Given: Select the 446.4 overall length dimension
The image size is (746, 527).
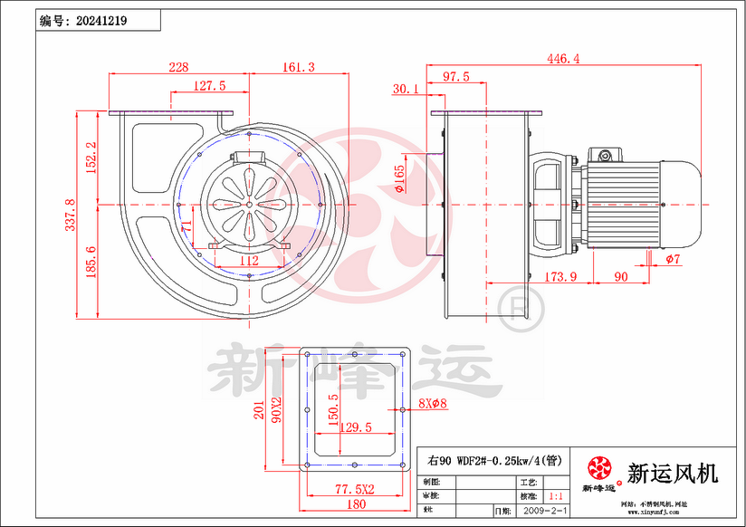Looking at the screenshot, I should pyautogui.click(x=562, y=59).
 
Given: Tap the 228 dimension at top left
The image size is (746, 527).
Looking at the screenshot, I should pyautogui.click(x=178, y=67).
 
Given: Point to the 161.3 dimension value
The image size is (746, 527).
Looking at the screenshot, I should pyautogui.click(x=298, y=67).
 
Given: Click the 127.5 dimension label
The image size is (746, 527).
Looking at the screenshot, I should pyautogui.click(x=209, y=86).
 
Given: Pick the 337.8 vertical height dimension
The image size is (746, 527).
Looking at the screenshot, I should pyautogui.click(x=71, y=216).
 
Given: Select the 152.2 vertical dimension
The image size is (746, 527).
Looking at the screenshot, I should pyautogui.click(x=91, y=158).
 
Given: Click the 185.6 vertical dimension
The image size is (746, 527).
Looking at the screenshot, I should pyautogui.click(x=91, y=263).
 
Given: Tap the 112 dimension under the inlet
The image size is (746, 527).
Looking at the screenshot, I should pyautogui.click(x=249, y=261).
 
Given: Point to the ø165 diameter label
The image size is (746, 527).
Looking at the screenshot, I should pyautogui.click(x=399, y=181).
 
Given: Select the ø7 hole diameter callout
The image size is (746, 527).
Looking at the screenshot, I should pyautogui.click(x=672, y=261).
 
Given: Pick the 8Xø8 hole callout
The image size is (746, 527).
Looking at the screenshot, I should pyautogui.click(x=433, y=404).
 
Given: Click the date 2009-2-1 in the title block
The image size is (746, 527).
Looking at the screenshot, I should pyautogui.click(x=545, y=511).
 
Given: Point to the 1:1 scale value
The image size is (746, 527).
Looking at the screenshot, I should pyautogui.click(x=557, y=497).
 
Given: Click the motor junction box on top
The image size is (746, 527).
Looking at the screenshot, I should pyautogui.click(x=604, y=155).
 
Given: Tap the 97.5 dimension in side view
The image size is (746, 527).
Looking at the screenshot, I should pyautogui.click(x=454, y=77).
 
